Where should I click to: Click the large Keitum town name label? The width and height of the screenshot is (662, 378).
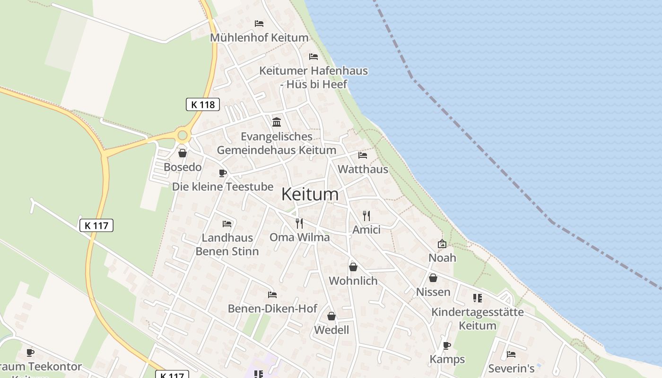click(x=310, y=194)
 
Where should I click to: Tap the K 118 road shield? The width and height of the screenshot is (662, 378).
click(x=203, y=104)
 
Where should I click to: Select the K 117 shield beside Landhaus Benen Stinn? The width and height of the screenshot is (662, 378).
click(x=96, y=225)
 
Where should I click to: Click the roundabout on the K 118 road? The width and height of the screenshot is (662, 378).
click(x=183, y=136)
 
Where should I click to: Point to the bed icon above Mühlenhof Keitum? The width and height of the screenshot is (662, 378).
click(x=259, y=23)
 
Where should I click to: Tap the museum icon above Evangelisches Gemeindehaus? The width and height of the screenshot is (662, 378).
click(x=277, y=122)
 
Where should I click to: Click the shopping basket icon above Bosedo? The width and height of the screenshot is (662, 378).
click(x=183, y=153)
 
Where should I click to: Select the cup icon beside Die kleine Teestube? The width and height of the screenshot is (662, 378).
click(x=223, y=173)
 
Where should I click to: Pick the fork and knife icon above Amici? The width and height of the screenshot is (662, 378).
click(x=366, y=216)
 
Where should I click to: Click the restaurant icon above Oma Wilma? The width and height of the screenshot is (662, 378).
click(x=299, y=223)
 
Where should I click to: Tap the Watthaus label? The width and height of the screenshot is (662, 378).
click(x=363, y=169)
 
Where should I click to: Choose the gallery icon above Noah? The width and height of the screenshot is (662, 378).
click(x=442, y=244)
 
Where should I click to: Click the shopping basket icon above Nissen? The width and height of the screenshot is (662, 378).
click(x=433, y=278)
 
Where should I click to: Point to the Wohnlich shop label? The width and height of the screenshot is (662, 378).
click(x=353, y=281)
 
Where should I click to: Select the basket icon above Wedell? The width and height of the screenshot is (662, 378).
click(x=331, y=316)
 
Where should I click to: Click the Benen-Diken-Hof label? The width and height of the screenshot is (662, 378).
click(x=272, y=309)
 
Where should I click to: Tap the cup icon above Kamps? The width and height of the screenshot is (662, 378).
click(x=447, y=345)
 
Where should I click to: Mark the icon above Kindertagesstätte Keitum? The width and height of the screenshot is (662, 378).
click(x=478, y=298)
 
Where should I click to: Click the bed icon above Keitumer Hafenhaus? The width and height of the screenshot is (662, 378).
click(x=314, y=57)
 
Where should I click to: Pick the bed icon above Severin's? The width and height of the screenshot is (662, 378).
click(x=511, y=354)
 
